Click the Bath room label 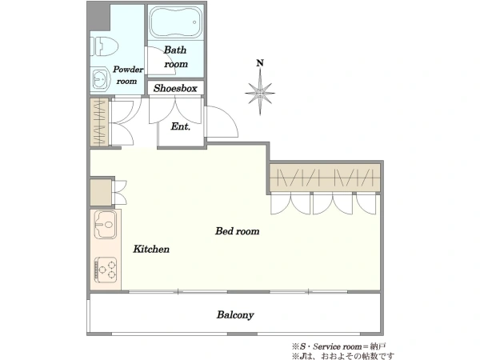[175, 57]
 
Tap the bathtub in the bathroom [176, 22]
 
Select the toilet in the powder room [104, 46]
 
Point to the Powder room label [128, 75]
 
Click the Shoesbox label [175, 89]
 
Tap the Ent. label [181, 126]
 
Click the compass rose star [260, 92]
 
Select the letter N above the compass [260, 63]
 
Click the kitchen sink [106, 225]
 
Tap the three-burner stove [106, 270]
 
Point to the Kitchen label [151, 249]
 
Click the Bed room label [238, 231]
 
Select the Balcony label [235, 315]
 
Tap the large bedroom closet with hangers [325, 178]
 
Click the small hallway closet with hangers [99, 122]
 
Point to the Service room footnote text [339, 347]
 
